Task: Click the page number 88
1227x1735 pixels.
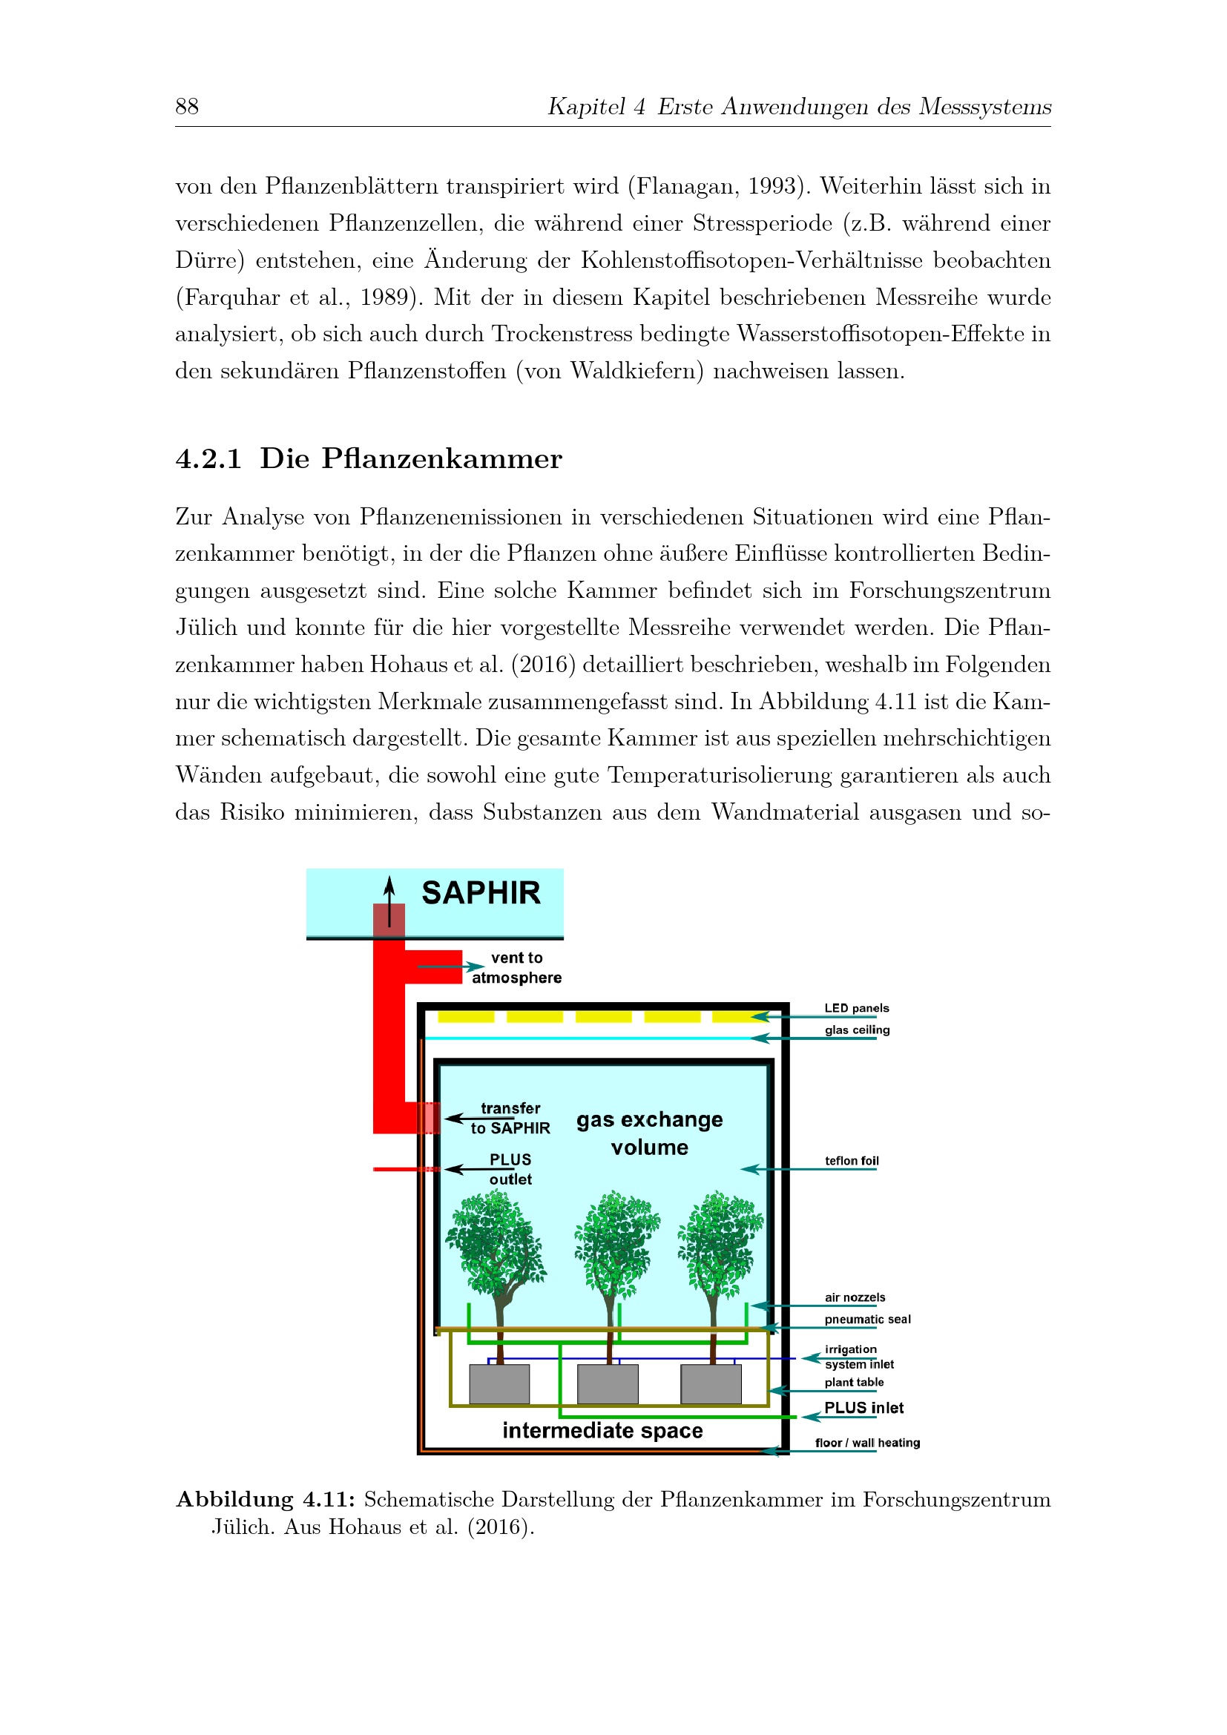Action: click(187, 106)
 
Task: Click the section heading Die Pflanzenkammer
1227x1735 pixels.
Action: click(411, 458)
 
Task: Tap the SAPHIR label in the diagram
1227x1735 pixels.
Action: click(481, 892)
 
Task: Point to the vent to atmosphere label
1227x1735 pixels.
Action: click(517, 967)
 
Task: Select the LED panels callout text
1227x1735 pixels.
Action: click(857, 1008)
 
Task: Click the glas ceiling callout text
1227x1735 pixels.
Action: click(858, 1030)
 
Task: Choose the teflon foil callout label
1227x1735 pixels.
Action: click(852, 1161)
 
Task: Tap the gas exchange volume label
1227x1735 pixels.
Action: click(650, 1133)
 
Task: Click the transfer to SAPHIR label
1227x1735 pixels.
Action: click(510, 1119)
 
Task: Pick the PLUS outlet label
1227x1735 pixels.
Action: click(510, 1170)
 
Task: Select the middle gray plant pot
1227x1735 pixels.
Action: click(608, 1384)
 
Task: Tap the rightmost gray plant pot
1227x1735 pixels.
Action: click(711, 1384)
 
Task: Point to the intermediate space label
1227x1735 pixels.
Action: click(603, 1430)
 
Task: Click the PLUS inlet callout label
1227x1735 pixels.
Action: click(863, 1408)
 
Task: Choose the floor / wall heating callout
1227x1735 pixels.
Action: click(867, 1443)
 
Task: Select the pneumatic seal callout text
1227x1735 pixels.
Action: click(867, 1320)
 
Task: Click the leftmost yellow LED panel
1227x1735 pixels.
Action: click(466, 1016)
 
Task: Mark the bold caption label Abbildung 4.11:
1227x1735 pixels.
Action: click(265, 1500)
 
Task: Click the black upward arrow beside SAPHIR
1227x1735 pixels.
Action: click(389, 901)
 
